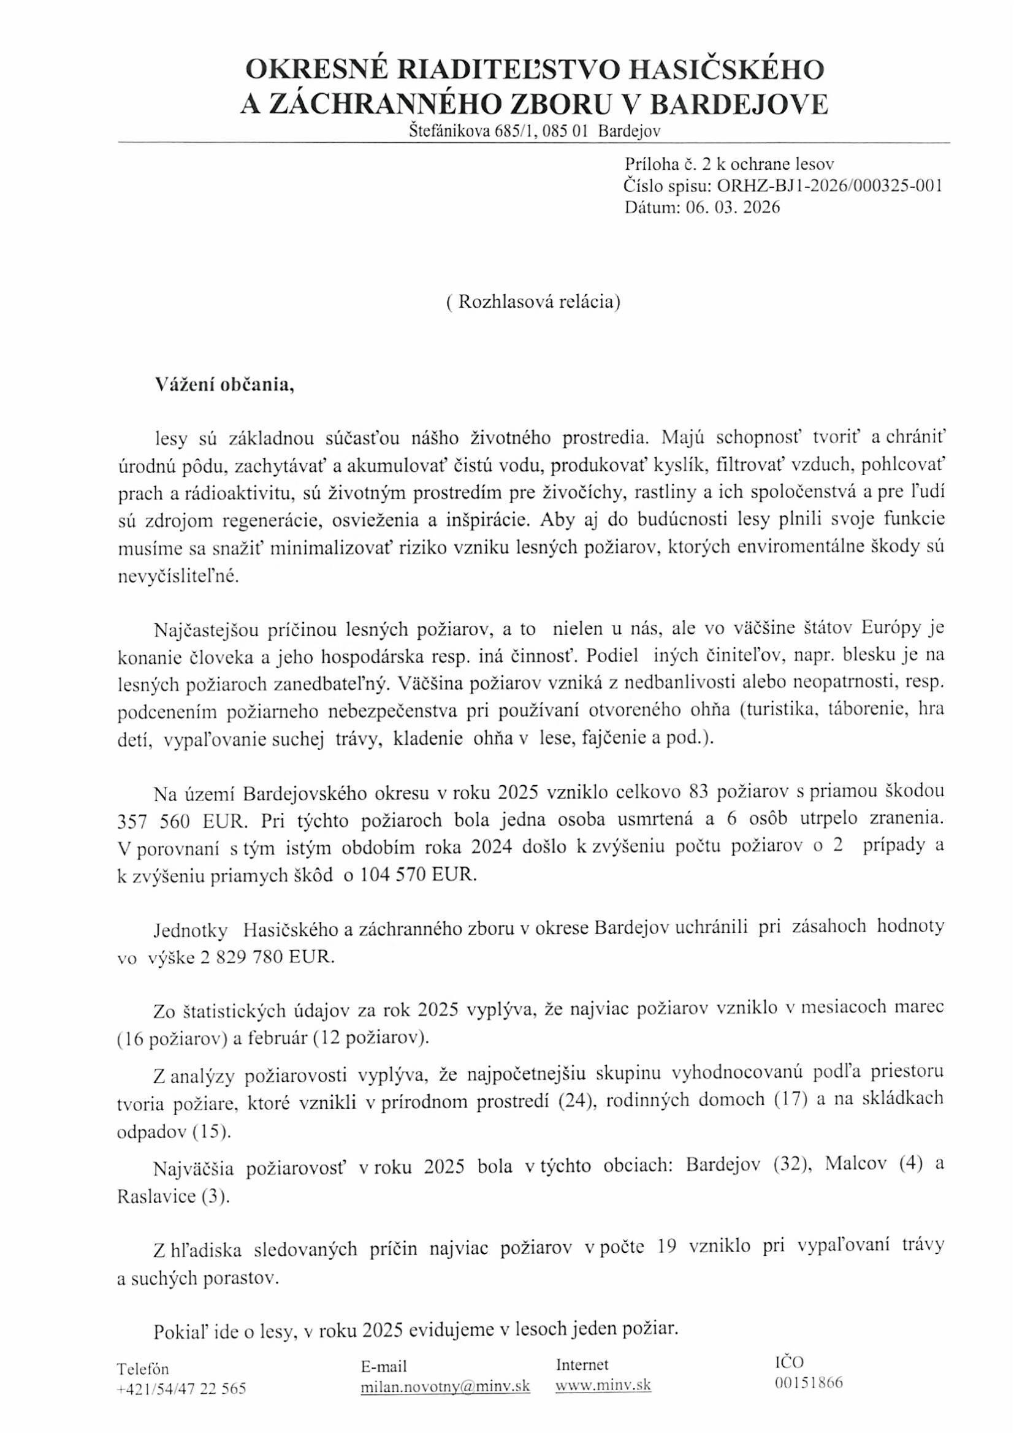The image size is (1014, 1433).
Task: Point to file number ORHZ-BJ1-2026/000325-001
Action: coord(829,186)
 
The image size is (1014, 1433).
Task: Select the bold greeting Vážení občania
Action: coord(224,385)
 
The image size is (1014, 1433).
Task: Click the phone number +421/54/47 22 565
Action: coord(181,1405)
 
